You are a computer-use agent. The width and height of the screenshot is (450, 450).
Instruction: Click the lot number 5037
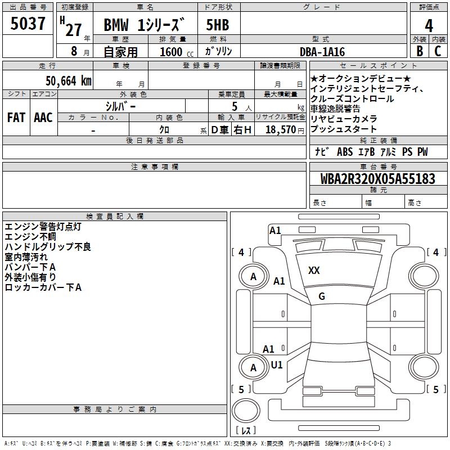point(28,24)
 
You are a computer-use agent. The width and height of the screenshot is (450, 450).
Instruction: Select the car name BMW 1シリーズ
point(145,25)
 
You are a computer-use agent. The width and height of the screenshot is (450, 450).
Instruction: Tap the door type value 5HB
point(218,25)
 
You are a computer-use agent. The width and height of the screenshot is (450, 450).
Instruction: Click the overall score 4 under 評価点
point(429,25)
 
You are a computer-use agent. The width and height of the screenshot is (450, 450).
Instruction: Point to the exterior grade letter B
point(419,51)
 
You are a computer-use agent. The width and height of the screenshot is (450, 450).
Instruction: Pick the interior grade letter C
point(438,51)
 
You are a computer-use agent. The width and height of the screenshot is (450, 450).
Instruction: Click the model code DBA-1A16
point(323,51)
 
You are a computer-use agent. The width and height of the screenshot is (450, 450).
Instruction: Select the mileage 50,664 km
point(61,80)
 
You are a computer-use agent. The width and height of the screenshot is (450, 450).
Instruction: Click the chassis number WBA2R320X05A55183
point(377,179)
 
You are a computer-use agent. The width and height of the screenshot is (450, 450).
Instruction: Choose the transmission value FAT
point(16,117)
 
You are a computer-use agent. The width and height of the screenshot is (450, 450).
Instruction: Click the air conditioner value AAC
point(43,117)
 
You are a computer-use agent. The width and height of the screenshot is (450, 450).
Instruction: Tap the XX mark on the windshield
point(314,271)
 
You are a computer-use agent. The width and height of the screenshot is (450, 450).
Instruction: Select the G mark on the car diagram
point(322,296)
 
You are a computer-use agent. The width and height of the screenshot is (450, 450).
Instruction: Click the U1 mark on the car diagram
point(277,365)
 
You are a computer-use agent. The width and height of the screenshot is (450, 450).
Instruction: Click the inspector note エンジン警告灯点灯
point(43,227)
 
